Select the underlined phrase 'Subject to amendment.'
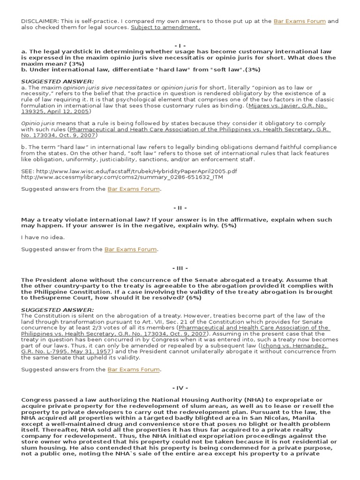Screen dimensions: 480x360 (165, 27)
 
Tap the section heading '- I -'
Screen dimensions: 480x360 (180, 45)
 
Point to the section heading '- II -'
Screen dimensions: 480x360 (180, 207)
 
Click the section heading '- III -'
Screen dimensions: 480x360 (180, 268)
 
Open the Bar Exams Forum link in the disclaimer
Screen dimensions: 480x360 (300, 21)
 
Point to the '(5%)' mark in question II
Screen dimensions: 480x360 (227, 225)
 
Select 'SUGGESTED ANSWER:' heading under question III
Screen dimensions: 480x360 (57, 310)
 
